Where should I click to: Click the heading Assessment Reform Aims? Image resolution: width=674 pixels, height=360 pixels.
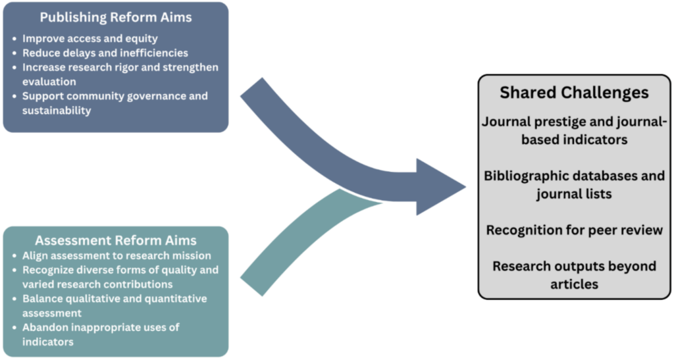(x=115, y=240)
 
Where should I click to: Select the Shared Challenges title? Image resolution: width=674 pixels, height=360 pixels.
(x=574, y=92)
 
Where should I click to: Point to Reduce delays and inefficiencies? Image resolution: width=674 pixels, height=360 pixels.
(x=105, y=53)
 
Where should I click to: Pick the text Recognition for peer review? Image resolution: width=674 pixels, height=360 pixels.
(x=574, y=230)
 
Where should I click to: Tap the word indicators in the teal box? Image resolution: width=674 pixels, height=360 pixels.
(x=47, y=342)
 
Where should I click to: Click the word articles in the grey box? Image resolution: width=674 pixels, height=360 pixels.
(x=574, y=284)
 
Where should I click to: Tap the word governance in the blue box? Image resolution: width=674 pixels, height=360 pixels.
(x=153, y=96)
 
